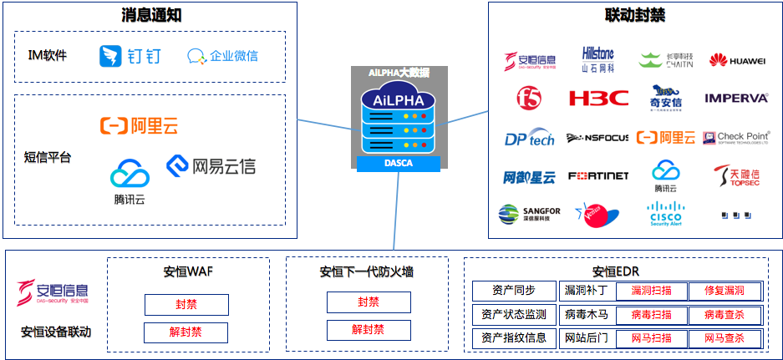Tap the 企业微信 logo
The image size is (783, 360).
click(x=222, y=56)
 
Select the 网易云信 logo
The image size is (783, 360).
click(x=211, y=165)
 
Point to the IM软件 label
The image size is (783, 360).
click(x=47, y=56)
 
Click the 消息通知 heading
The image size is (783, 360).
click(x=150, y=15)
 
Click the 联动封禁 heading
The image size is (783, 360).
click(x=634, y=15)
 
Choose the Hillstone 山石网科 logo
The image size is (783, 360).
click(x=597, y=58)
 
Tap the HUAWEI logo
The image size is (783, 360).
click(x=737, y=60)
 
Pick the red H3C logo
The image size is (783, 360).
click(x=598, y=99)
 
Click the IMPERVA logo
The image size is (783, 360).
click(x=735, y=99)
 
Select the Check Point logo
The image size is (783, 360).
click(x=736, y=137)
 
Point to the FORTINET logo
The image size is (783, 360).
click(x=597, y=176)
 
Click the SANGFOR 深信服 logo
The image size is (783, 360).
click(x=530, y=215)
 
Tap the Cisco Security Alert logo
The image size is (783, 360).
click(x=666, y=215)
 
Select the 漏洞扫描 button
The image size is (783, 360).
click(x=651, y=291)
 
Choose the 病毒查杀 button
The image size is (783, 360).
click(x=725, y=315)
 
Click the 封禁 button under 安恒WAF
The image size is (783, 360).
click(x=186, y=304)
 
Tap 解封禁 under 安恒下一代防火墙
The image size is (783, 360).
click(x=368, y=330)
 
